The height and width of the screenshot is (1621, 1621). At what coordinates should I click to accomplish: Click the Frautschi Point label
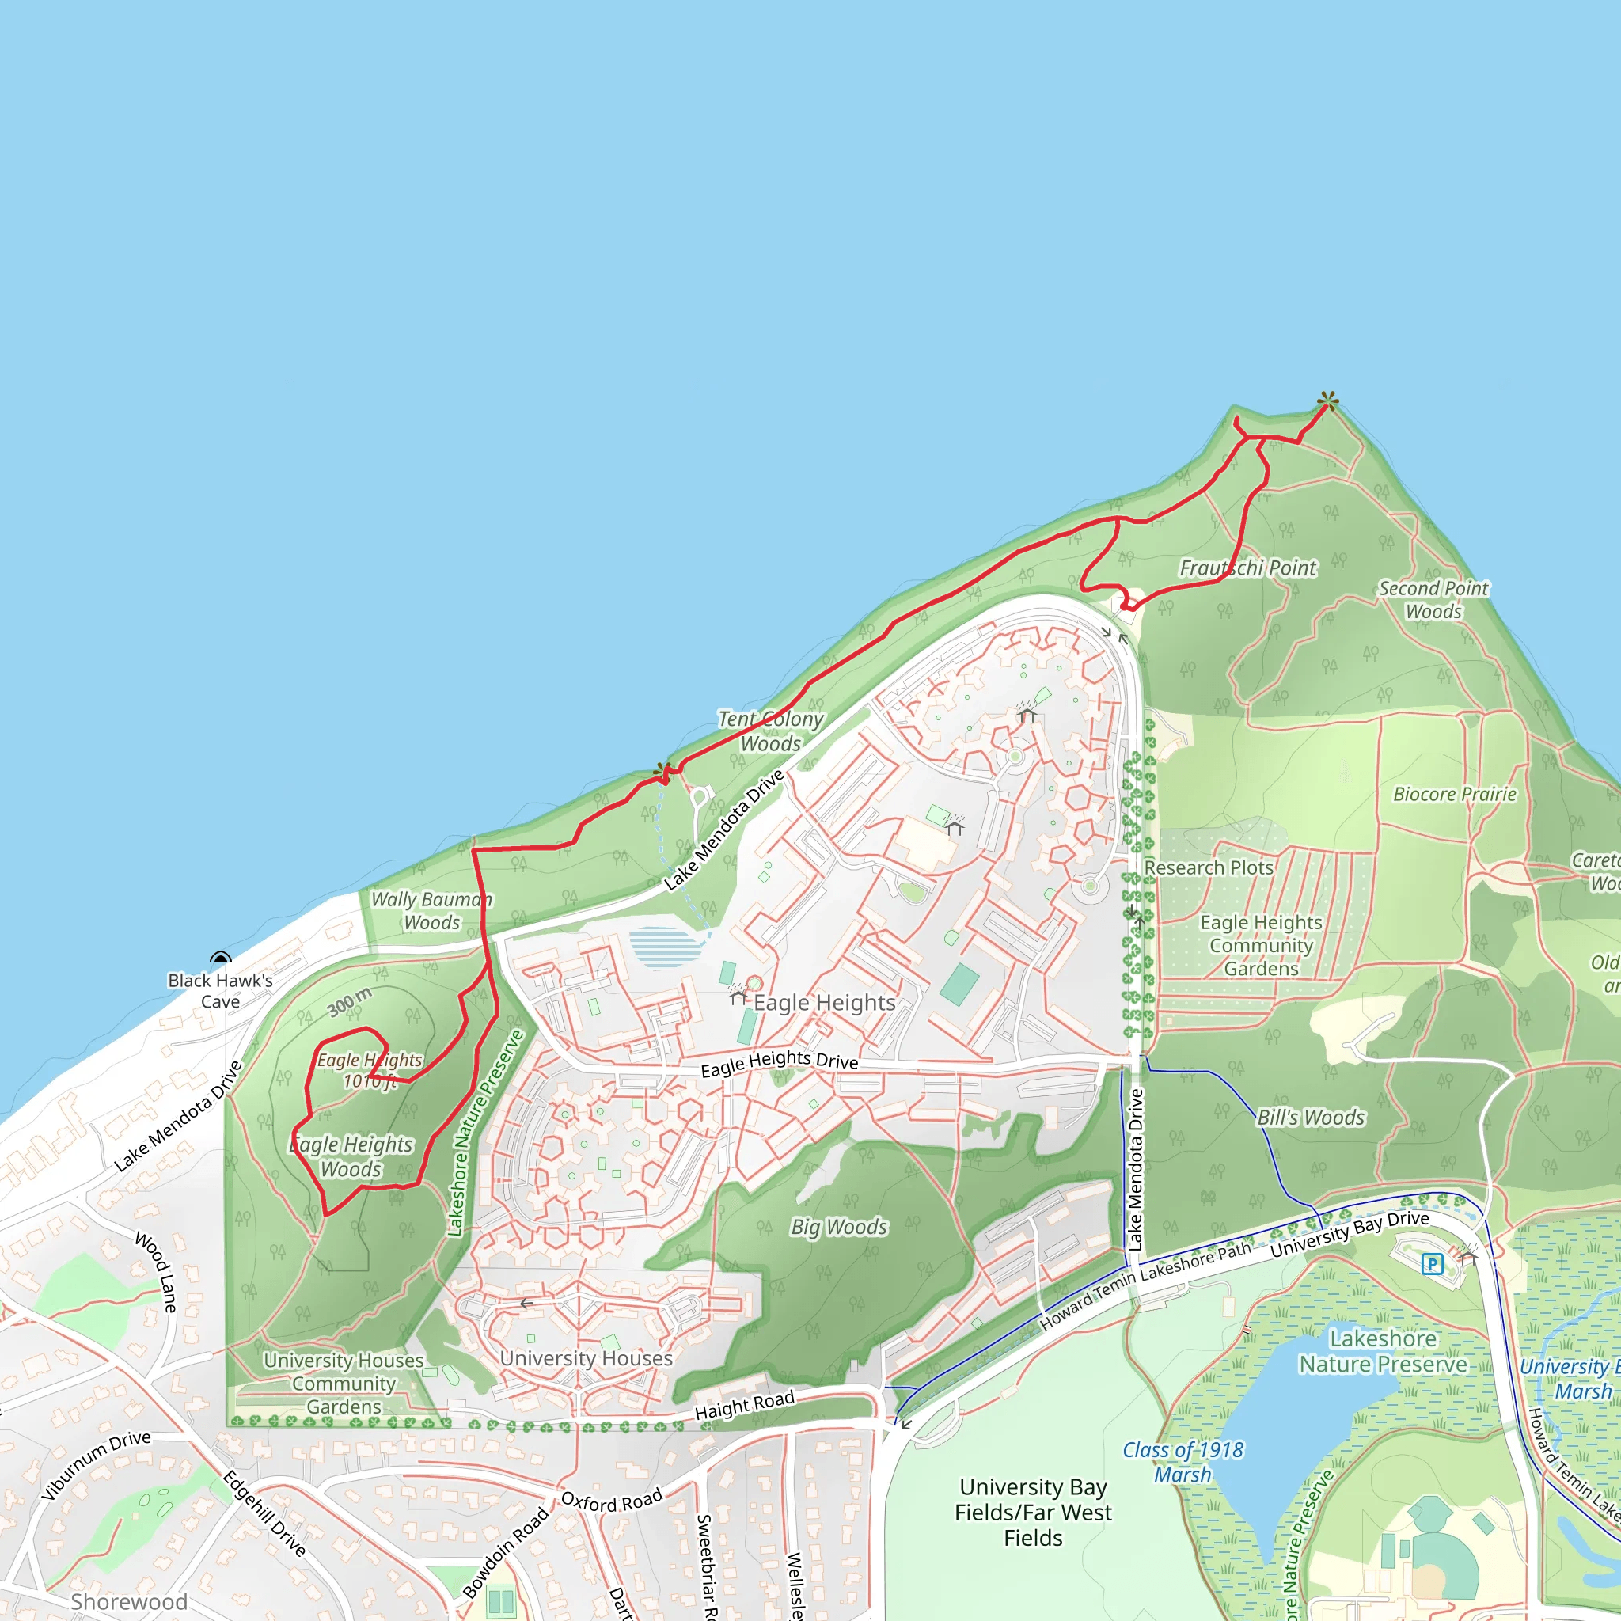tap(1247, 568)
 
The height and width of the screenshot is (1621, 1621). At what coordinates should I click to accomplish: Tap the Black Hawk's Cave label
tap(220, 990)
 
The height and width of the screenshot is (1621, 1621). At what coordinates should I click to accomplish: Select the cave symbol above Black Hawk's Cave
tap(221, 959)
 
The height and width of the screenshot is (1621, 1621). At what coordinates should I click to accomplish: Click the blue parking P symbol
tap(1432, 1263)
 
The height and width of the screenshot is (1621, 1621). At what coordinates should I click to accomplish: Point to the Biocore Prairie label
tap(1455, 794)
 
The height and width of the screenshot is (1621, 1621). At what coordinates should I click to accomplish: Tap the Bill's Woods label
tap(1311, 1118)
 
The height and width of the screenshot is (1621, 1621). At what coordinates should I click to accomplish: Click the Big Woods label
tap(838, 1227)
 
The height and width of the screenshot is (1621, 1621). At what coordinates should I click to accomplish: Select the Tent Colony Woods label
tap(771, 731)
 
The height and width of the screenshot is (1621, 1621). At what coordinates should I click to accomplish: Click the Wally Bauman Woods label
tap(431, 910)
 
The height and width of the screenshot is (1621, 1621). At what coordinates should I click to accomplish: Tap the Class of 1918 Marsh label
tap(1183, 1462)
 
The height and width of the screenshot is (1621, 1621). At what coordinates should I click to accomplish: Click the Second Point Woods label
tap(1433, 600)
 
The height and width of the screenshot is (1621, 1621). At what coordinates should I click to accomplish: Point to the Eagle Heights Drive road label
tap(780, 1064)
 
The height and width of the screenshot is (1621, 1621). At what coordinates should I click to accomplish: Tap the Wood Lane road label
tap(157, 1271)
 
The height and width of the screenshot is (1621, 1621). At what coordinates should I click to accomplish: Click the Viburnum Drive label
tap(97, 1466)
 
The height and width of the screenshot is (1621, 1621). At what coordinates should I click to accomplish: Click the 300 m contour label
tap(349, 1002)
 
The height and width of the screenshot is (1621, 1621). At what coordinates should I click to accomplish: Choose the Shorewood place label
tap(128, 1602)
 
